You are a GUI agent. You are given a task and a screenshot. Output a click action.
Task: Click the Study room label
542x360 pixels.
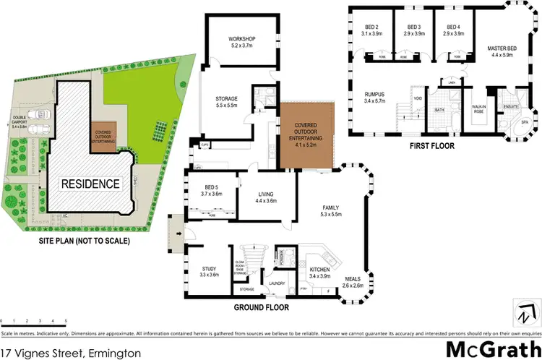click(x=209, y=272)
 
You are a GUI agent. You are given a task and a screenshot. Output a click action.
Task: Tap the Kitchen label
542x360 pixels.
click(x=319, y=273)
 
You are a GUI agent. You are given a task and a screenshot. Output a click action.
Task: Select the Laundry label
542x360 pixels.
click(x=277, y=283)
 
